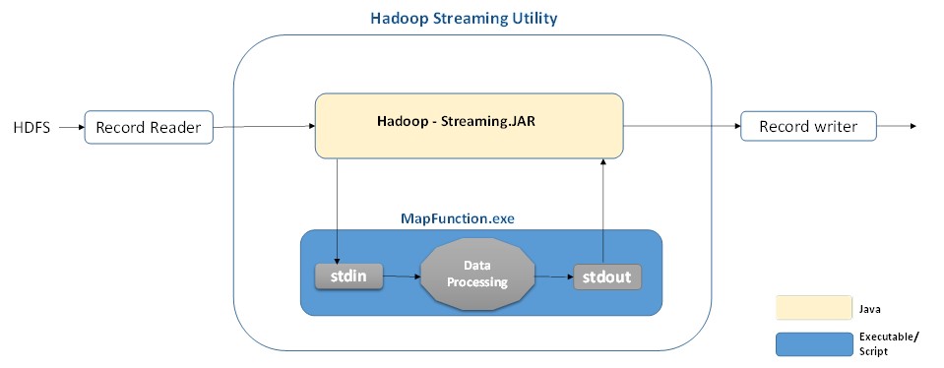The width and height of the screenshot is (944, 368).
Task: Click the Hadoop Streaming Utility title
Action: click(464, 18)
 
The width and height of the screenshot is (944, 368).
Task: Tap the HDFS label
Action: click(31, 128)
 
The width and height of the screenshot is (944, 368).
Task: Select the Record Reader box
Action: click(149, 127)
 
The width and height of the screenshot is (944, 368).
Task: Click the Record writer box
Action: click(808, 126)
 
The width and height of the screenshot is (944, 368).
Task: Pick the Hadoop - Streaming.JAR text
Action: click(457, 121)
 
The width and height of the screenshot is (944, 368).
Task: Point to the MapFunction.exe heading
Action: click(458, 218)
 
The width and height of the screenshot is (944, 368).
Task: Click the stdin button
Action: click(348, 276)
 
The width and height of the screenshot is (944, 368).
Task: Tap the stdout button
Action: click(606, 276)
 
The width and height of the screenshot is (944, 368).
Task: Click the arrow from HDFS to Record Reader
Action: click(72, 128)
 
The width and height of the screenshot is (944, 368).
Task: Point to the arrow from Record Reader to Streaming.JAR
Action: click(264, 126)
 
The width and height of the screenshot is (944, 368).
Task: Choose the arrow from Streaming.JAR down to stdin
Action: click(337, 211)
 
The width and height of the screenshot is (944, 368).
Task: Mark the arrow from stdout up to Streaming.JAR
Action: click(603, 211)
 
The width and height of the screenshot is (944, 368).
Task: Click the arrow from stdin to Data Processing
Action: click(402, 276)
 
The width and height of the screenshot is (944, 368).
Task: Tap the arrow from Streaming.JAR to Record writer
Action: click(681, 126)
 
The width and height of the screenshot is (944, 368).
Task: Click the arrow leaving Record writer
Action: click(897, 126)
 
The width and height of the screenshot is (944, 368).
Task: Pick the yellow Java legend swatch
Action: click(814, 307)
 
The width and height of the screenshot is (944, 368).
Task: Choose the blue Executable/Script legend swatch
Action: click(814, 344)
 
